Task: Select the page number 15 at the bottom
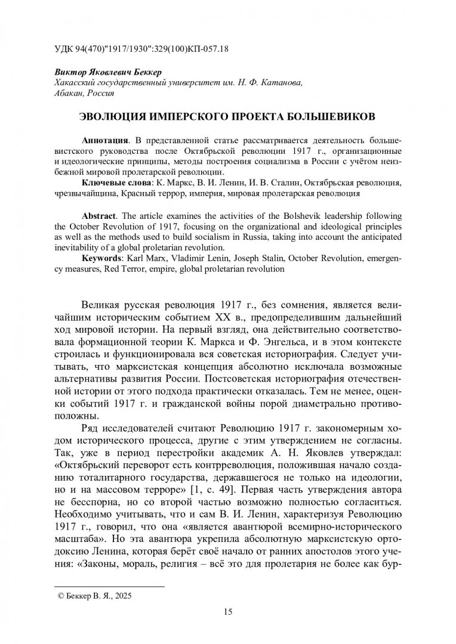coord(227,612)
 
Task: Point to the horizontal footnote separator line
coord(109,586)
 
